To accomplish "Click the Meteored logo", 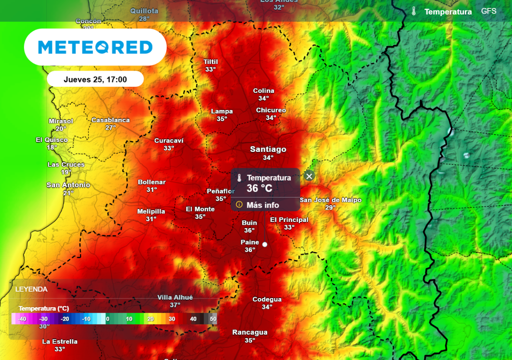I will coord(95,47).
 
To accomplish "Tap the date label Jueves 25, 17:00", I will coord(95,79).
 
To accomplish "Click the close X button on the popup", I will coord(309,176).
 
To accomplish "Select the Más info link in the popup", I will coord(262,205).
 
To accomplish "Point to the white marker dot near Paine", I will coord(264,244).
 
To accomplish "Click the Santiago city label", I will coord(268,149).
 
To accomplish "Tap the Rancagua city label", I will coord(250,332).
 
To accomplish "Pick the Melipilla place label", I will coord(151,211).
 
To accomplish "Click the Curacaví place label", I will coord(168,140).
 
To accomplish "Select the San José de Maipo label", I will coord(330,200).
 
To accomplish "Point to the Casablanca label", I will coord(110,120).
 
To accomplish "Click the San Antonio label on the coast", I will coord(68,185).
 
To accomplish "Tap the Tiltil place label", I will coord(210,62).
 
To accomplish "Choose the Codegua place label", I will coord(266,299).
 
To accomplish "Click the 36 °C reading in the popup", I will coord(259,188).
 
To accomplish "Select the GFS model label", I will coord(488,11).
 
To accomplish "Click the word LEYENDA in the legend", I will coord(31,289).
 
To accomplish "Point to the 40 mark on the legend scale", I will coord(193,319).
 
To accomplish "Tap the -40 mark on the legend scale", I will coord(22,319).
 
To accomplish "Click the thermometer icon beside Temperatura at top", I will coord(414,11).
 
